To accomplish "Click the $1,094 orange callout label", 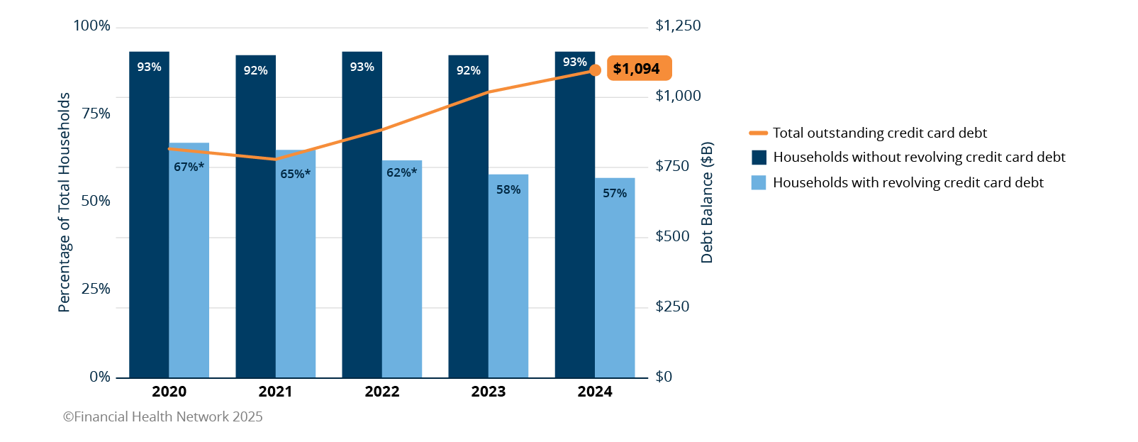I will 639,69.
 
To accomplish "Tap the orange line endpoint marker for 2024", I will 596,70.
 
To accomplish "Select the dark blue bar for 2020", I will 149,213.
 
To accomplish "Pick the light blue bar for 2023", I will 508,277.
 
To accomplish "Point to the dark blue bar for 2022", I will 362,213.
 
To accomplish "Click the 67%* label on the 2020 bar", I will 189,167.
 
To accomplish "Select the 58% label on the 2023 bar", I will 508,189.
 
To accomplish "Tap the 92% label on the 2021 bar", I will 255,70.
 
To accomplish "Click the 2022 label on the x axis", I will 382,392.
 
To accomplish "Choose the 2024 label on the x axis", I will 595,392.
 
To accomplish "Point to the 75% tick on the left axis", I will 96,114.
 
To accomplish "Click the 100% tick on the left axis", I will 92,26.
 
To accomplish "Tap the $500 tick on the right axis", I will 672,236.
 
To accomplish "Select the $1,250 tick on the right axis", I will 678,26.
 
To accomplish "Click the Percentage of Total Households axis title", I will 65,202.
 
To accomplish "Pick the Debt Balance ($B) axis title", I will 707,203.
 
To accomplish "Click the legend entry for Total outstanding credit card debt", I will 879,133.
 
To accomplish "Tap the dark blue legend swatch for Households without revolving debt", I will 759,158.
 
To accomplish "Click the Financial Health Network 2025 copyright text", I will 163,417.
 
